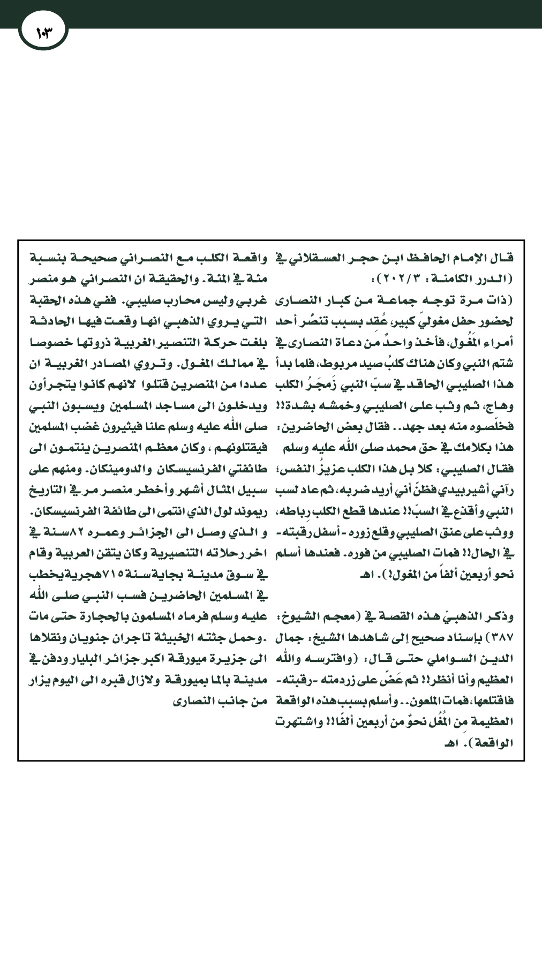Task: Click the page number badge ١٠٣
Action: tap(43, 33)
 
